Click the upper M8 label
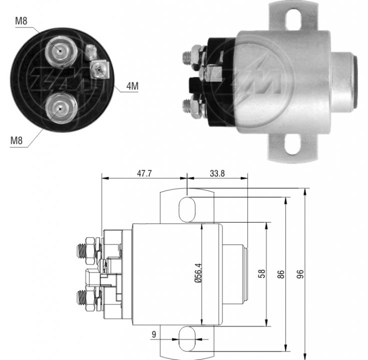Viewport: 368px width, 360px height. (x=21, y=21)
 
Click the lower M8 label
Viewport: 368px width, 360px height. (x=16, y=140)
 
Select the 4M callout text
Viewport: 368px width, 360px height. (x=132, y=86)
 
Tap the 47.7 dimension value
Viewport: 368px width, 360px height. (x=144, y=173)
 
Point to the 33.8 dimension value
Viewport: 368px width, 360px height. (x=217, y=173)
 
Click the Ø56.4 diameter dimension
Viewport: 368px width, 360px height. (x=198, y=273)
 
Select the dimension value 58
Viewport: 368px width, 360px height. (x=261, y=273)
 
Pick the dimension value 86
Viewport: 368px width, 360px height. (x=281, y=274)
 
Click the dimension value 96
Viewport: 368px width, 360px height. (x=300, y=274)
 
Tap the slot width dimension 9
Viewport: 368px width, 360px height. (x=153, y=334)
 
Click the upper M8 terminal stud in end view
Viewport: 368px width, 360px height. (x=61, y=51)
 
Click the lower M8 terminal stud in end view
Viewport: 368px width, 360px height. (x=61, y=108)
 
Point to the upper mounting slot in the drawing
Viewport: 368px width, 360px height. (x=187, y=209)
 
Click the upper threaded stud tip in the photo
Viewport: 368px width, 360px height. (x=186, y=57)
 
